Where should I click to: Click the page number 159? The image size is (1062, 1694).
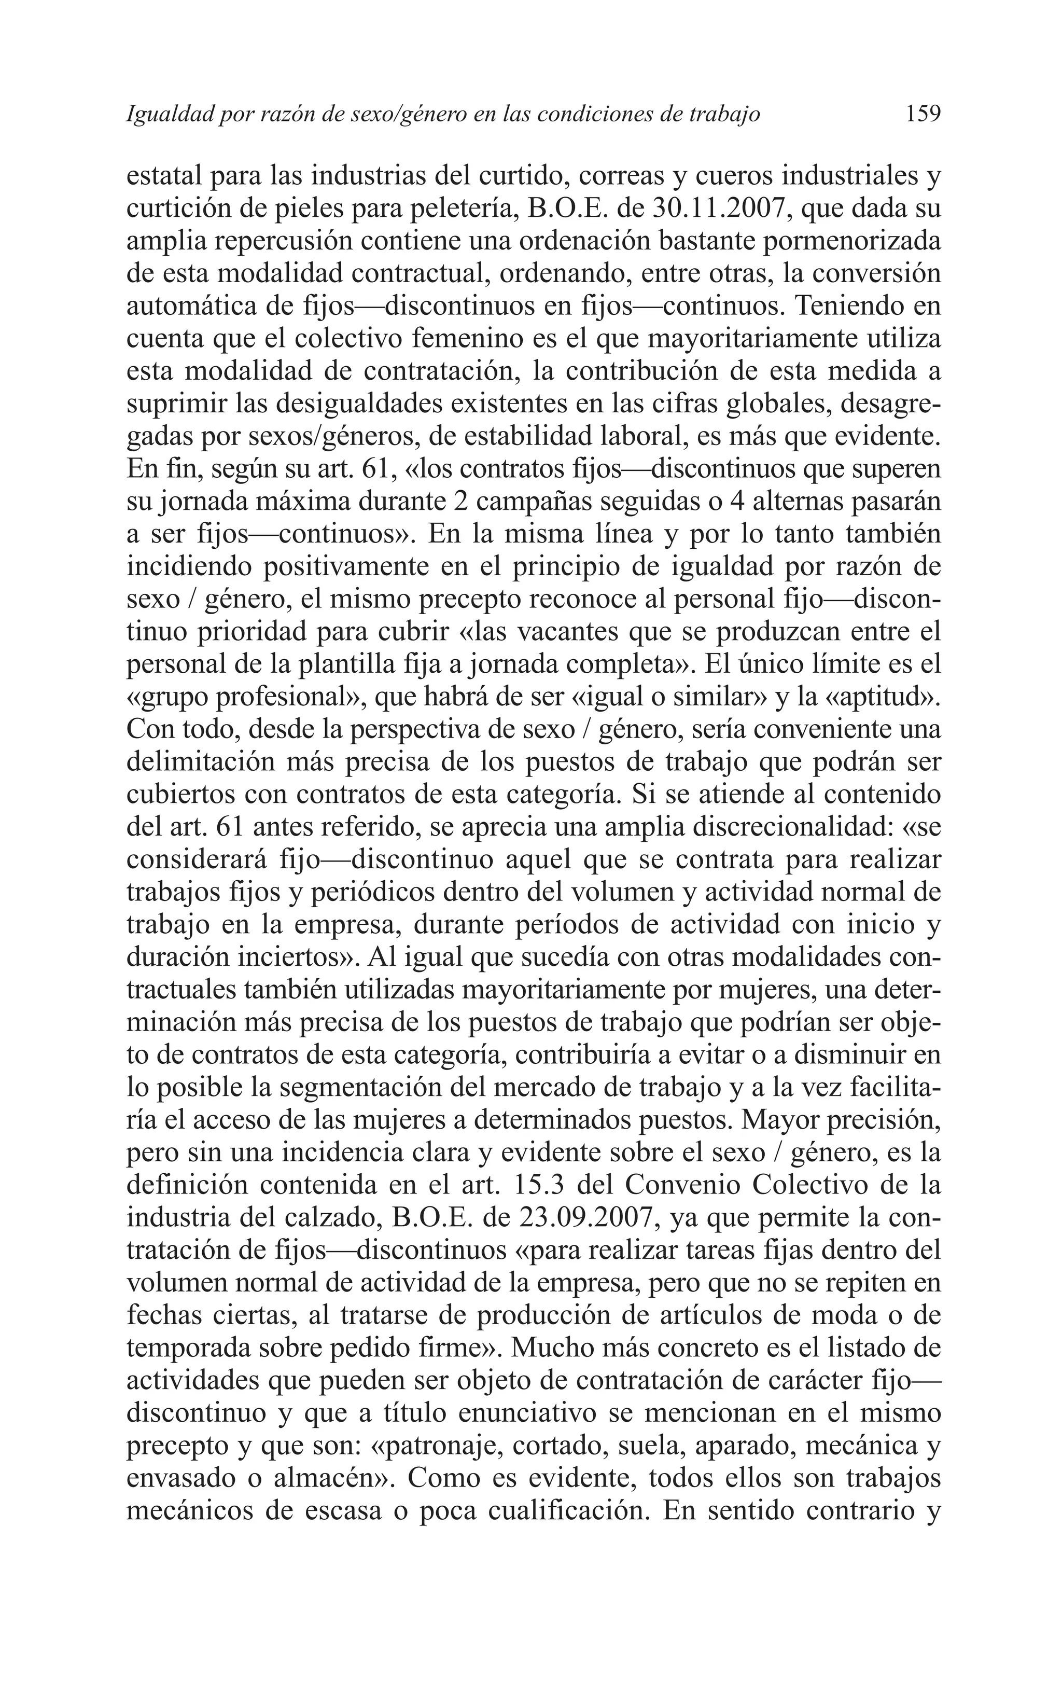922,113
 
